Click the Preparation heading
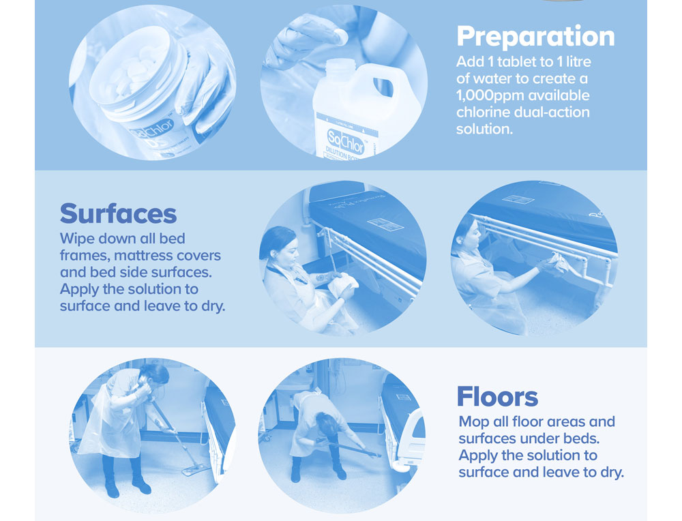click(535, 37)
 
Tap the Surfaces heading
click(118, 213)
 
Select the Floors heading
click(497, 396)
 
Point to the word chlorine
click(483, 113)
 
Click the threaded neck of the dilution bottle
click(341, 68)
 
